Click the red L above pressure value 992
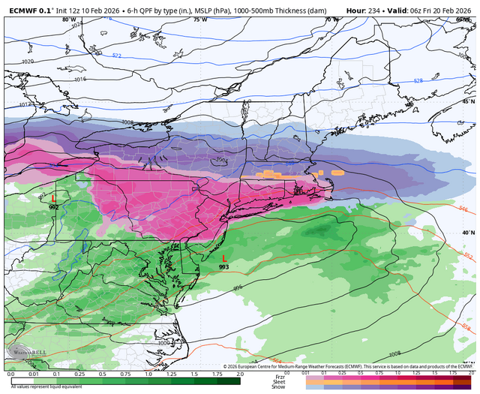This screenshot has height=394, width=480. point(54,198)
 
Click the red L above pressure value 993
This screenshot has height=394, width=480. point(224,257)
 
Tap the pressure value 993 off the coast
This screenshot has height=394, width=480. point(224,266)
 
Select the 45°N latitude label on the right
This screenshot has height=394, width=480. point(467,101)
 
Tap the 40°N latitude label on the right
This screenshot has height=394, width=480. point(467,233)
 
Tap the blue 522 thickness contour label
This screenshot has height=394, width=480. point(117,56)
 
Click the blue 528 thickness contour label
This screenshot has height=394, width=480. point(418,80)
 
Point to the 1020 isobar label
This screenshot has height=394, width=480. point(28,62)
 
